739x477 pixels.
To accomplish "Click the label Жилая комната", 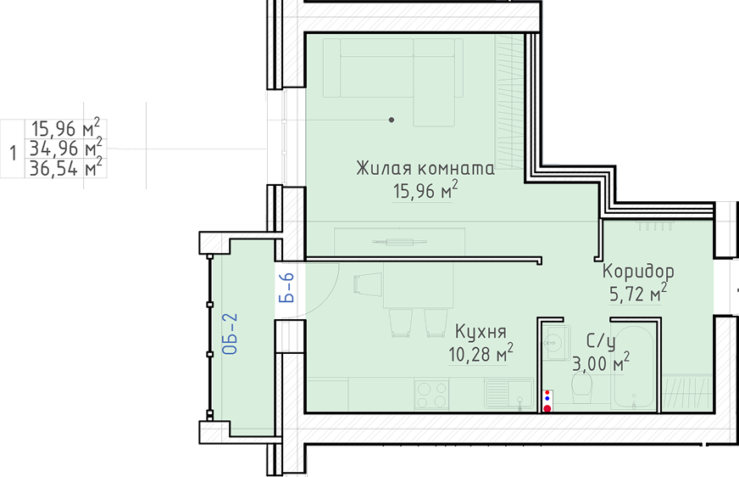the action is coord(425,168).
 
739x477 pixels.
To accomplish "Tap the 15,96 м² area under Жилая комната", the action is coord(425,191).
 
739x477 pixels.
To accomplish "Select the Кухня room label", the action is coord(481,332).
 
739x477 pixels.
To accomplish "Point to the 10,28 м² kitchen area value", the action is coord(481,353).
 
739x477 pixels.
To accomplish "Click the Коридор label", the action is coord(638,272).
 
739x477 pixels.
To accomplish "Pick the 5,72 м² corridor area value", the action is coord(638,294).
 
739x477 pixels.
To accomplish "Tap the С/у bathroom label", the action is coord(601,341).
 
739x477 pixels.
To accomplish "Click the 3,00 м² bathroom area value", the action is coord(601,362).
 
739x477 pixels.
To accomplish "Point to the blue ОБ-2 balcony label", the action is coord(230,334).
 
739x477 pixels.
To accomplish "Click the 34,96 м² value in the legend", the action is coord(65,149).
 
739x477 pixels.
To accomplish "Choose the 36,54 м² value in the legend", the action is coord(65,168).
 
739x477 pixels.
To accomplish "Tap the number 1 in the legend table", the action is coord(14,153).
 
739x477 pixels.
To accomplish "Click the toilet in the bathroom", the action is coord(582,388).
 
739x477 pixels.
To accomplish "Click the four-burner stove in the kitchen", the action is coord(431,395).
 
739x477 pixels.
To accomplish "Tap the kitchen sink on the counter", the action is coord(509,394).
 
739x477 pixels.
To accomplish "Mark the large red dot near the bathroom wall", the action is coord(547,408).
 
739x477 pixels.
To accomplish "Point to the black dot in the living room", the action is coord(392,120).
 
